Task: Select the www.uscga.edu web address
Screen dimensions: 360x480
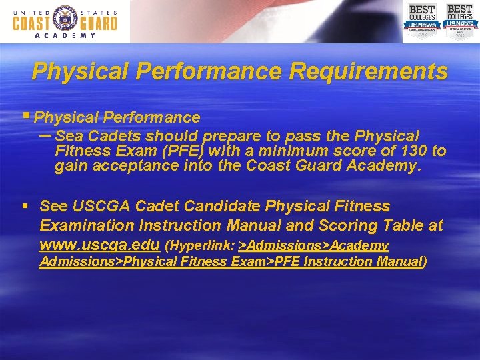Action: pos(99,245)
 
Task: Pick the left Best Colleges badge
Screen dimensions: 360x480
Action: pos(421,21)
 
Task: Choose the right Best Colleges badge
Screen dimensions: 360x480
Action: pos(459,21)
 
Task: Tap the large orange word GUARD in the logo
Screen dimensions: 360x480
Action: pos(97,23)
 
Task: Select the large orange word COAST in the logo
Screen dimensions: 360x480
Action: pos(31,23)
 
